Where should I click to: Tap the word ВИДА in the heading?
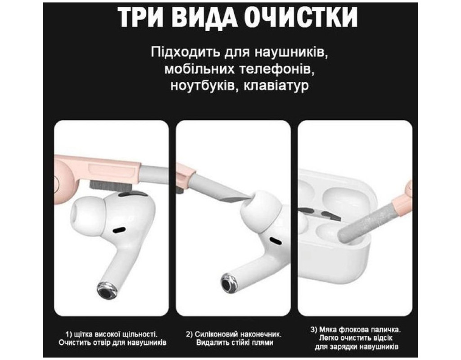point(203,17)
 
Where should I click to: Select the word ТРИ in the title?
point(140,17)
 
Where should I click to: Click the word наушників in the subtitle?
point(289,53)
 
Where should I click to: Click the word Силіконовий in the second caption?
point(216,334)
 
